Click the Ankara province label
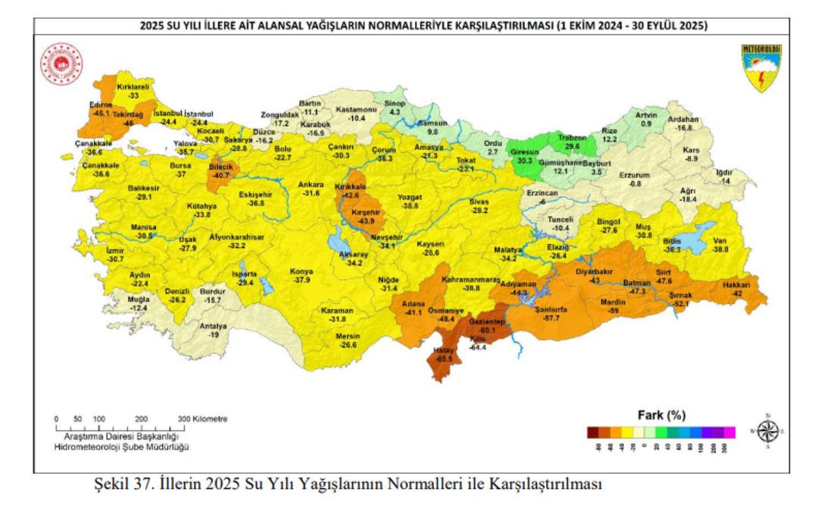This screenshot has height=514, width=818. (311, 184)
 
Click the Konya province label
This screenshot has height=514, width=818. (302, 271)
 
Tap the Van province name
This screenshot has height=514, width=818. (720, 241)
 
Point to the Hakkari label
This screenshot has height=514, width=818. (731, 284)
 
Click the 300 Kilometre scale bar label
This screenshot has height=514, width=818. (203, 418)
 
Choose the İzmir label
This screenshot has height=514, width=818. (115, 249)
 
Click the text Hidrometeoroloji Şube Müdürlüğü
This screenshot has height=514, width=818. (122, 447)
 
